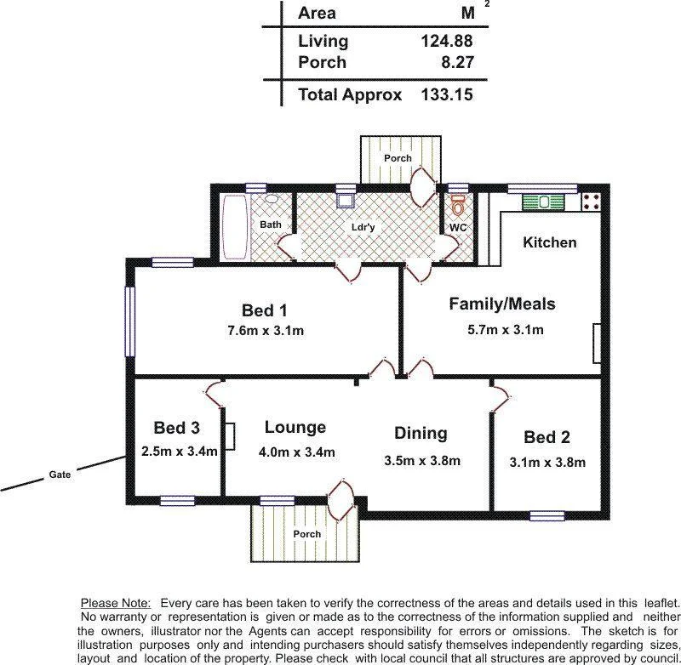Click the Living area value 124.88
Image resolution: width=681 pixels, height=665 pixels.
[446, 40]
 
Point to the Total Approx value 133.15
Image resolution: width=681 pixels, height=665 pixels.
[446, 94]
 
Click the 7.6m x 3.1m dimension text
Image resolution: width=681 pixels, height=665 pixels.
[264, 331]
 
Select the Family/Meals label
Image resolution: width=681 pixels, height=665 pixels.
[502, 304]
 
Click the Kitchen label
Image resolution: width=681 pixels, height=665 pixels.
[549, 242]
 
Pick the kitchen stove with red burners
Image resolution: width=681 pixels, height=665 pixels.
[592, 202]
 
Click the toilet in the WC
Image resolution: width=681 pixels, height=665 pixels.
[459, 205]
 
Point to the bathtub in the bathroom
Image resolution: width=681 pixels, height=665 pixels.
[235, 227]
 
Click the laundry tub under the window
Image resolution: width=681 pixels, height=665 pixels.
[346, 201]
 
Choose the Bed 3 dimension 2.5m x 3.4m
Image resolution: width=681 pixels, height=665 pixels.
[180, 451]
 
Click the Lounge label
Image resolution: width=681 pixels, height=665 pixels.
[295, 428]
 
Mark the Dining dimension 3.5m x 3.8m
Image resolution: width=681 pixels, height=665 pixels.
[422, 461]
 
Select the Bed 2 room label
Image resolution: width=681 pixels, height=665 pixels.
[547, 437]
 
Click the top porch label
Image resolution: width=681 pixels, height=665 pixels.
[398, 158]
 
